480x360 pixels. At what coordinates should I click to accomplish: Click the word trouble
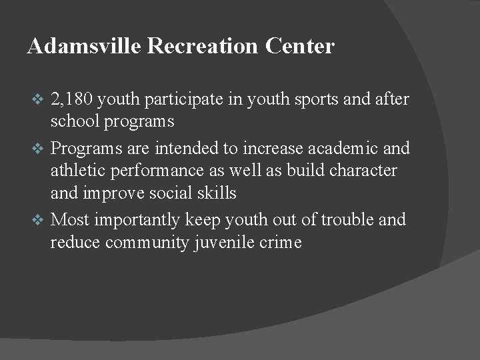(343, 219)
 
